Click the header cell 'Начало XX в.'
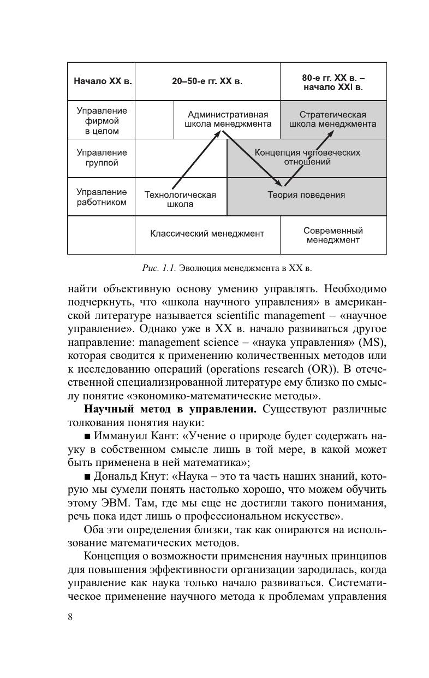pos(102,81)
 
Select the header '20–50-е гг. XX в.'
pos(207,81)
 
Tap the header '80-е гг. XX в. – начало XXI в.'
pos(333,81)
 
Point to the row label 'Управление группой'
pos(102,158)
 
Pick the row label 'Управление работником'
pos(102,197)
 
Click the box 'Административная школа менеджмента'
pos(228,119)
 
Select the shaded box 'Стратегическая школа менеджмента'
pos(332,119)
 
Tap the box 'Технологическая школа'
pos(180,199)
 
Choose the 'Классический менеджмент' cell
pos(207,234)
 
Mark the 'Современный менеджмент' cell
pos(333,235)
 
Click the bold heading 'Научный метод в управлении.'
pos(170,409)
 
